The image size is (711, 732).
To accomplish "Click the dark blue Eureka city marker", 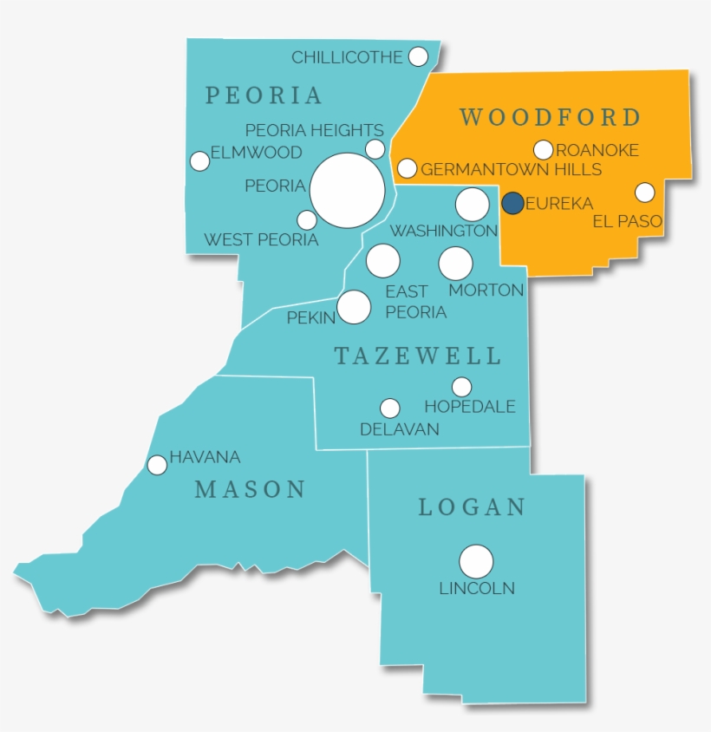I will pos(512,203).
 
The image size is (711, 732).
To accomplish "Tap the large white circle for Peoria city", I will pos(347,191).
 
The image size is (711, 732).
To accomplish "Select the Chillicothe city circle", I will pos(418,56).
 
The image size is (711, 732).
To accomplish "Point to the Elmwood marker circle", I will pos(199,160).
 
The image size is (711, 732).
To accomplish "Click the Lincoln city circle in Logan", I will pos(476,561).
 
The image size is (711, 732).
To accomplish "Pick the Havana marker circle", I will pos(157,465).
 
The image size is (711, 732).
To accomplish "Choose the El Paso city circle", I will pos(644,192).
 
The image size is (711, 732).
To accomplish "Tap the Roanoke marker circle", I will pos(543,150).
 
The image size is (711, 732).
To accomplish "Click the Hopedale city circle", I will pos(462,387).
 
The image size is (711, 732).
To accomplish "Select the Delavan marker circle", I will pos(390,408).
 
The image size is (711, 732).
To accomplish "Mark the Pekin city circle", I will pos(354,306).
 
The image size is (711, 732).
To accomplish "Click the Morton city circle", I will pos(455,264).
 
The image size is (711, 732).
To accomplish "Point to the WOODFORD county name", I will pos(551,117).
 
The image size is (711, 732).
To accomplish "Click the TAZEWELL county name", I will pos(418,356).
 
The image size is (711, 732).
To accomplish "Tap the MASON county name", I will pos(251,489).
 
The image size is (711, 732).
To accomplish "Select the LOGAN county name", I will pos(473,507).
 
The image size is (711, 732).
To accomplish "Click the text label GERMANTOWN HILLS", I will pos(512,169).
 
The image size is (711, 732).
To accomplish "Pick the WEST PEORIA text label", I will pos(261,239).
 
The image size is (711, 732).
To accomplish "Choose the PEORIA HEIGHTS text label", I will pos(314,130).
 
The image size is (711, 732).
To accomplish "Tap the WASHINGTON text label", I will pos(444,231).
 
